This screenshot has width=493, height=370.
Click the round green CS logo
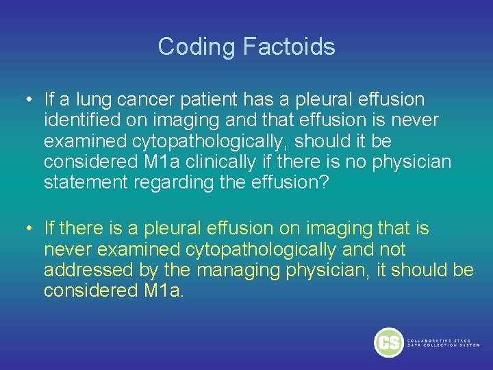point(388,342)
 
